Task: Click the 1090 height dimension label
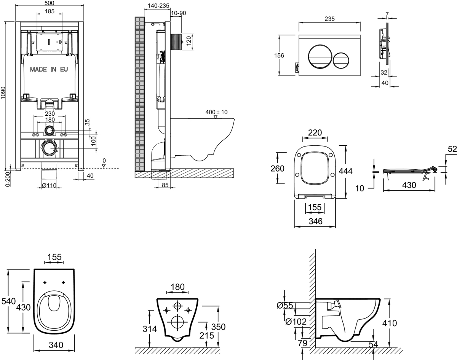pos(3,92)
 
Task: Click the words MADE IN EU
pos(48,70)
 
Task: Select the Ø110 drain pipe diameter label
pos(49,186)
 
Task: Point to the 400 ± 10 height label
pos(216,112)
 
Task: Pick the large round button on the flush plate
pos(320,56)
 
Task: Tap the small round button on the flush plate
pos(340,60)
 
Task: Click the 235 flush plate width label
pos(329,19)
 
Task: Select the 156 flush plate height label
pos(279,56)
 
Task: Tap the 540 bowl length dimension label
pos(8,301)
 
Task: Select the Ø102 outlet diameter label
pos(296,322)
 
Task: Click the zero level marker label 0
pos(104,160)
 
